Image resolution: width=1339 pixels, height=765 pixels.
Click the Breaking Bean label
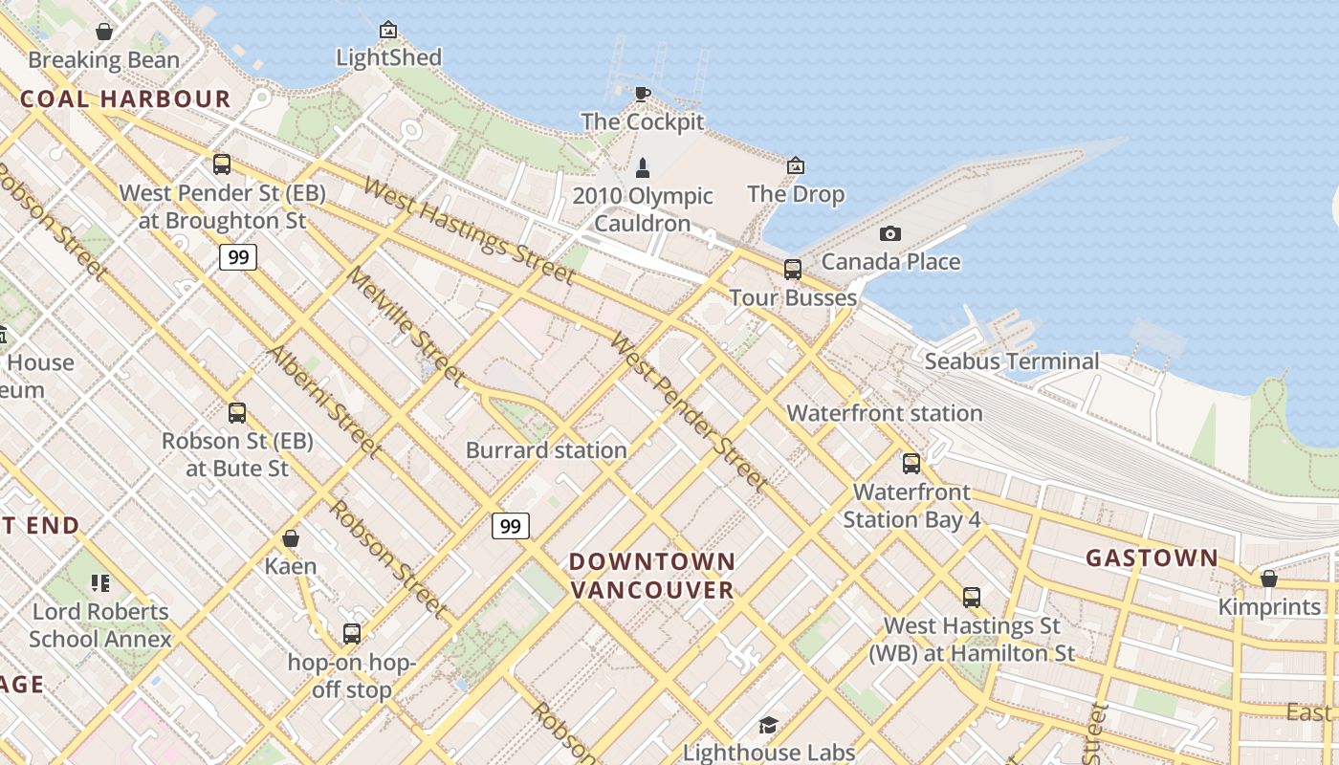[x=103, y=60]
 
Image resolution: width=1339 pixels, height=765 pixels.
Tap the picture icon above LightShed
[x=388, y=30]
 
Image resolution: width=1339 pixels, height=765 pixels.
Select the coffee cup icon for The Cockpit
[x=643, y=94]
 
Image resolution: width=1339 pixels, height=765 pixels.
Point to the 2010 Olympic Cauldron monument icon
[x=643, y=168]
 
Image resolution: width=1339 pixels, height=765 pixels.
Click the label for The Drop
[x=796, y=194]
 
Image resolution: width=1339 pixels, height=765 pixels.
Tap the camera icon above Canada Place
[x=890, y=233]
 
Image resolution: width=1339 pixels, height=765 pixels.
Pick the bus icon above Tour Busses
[x=793, y=270]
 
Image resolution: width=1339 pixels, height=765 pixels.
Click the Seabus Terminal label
[x=1012, y=361]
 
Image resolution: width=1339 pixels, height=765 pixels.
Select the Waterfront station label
[x=885, y=413]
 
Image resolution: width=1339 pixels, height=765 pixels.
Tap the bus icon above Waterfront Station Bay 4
[x=911, y=464]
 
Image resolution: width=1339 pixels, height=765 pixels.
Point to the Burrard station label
[x=546, y=449]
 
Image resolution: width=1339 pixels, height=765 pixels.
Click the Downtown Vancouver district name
[x=652, y=576]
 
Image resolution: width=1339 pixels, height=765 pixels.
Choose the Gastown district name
[x=1152, y=557]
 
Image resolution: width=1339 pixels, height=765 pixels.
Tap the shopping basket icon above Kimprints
[x=1269, y=579]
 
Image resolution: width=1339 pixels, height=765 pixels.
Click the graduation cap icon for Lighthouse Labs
[x=768, y=725]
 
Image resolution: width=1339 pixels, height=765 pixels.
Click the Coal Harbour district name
[x=125, y=98]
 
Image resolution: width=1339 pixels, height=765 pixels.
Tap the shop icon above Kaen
[x=291, y=539]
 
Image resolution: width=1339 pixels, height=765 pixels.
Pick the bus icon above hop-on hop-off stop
[x=352, y=633]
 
